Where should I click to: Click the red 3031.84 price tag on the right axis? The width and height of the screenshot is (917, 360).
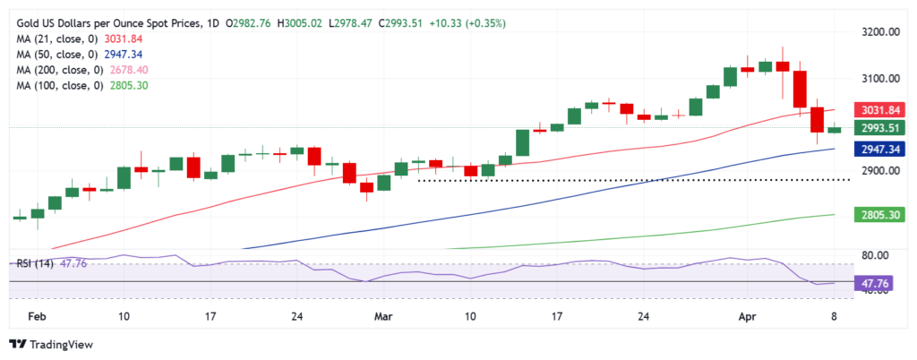pos(882,110)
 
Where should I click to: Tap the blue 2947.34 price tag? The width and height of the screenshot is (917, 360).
pos(882,150)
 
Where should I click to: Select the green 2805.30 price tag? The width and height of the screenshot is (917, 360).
pos(882,215)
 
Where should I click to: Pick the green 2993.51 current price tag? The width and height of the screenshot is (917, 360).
pos(882,128)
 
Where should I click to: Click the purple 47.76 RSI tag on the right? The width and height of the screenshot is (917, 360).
pos(882,283)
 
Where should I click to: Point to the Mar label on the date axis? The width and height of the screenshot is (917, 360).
pos(384,316)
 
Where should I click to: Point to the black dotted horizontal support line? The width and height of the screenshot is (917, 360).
pos(627,180)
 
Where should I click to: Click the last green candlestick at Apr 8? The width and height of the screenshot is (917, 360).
pos(834,130)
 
